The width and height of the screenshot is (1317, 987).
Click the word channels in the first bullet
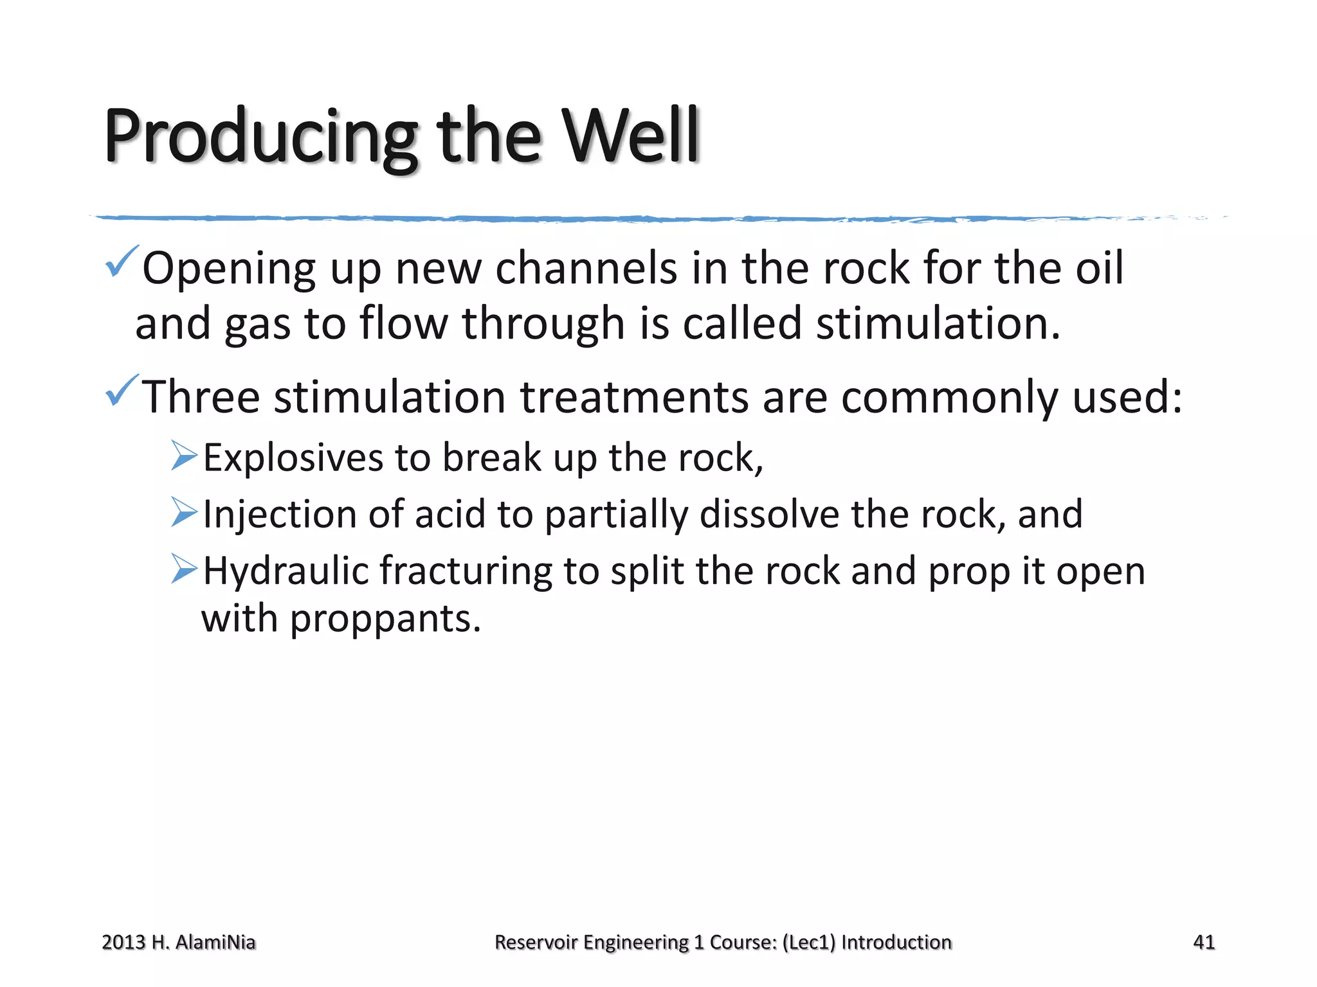click(586, 268)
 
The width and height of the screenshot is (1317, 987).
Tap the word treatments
click(633, 397)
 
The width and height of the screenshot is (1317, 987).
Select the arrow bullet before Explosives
click(185, 456)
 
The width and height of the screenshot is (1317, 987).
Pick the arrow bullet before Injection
click(185, 512)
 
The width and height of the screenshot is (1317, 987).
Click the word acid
click(450, 515)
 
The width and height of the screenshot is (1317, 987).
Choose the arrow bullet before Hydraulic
click(185, 569)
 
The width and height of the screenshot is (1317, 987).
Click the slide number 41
click(1204, 942)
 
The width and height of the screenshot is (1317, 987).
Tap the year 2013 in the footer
click(123, 943)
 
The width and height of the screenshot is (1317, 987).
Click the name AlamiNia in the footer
click(215, 943)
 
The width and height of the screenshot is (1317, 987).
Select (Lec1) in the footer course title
click(808, 943)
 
